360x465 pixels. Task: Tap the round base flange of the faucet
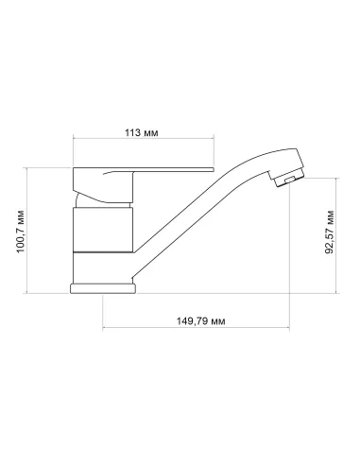click(x=107, y=289)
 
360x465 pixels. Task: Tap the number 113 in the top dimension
click(x=132, y=131)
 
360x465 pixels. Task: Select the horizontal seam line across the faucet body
click(x=105, y=253)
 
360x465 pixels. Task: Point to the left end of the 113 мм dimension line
click(x=74, y=143)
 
